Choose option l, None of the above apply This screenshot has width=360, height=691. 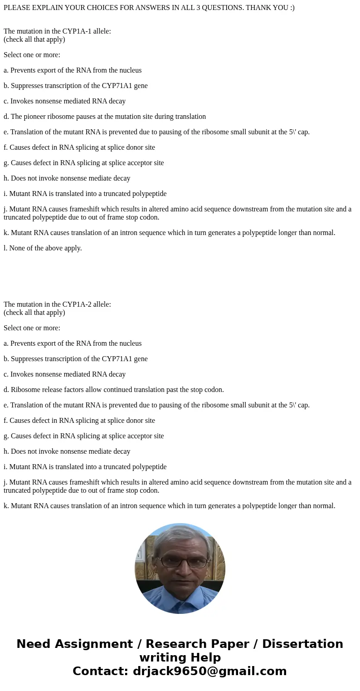click(43, 248)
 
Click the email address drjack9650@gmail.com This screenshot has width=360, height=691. click(210, 671)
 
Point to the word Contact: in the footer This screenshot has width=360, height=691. click(100, 671)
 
